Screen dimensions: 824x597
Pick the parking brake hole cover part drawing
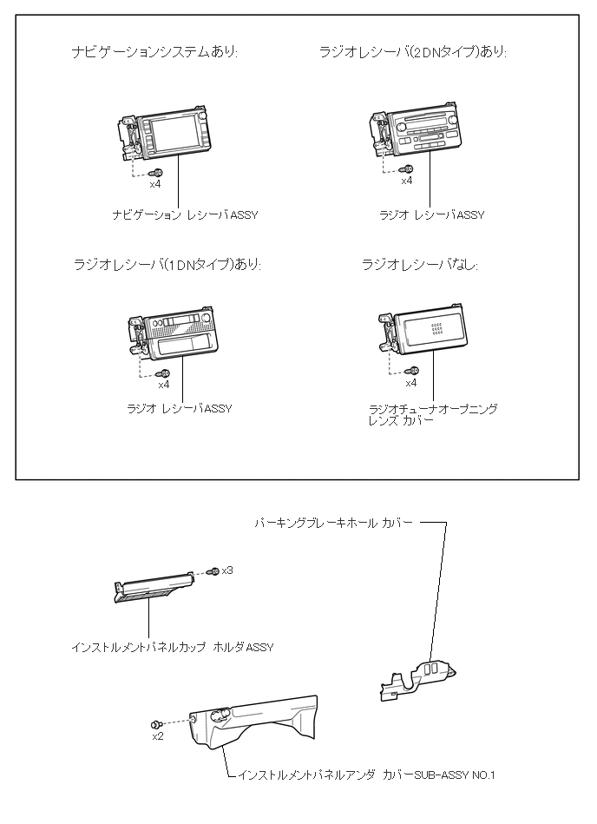pos(419,676)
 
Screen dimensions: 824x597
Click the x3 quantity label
pos(227,570)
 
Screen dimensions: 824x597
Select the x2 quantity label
pos(158,736)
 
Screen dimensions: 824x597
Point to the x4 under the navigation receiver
pos(154,183)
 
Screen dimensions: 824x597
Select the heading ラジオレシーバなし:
pos(420,264)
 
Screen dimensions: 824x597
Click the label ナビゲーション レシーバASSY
pos(185,214)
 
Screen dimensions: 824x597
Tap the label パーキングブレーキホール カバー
pos(333,524)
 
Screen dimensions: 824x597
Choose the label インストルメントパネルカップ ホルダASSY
pos(172,647)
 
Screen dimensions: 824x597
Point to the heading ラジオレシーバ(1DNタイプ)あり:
pos(167,264)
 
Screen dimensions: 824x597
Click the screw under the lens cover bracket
pos(414,372)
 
